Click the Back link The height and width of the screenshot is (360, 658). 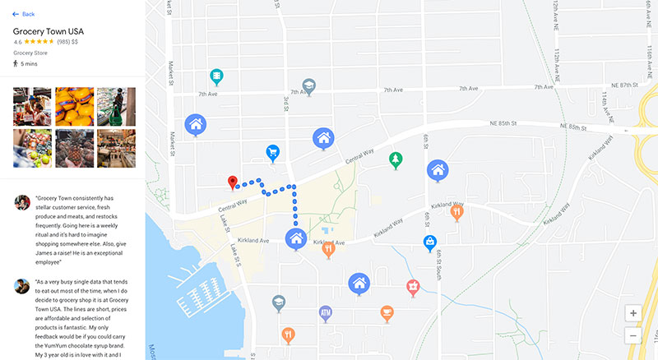point(23,14)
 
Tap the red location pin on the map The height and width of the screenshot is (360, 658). point(232,182)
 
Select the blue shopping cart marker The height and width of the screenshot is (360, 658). point(272,151)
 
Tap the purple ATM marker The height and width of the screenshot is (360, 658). point(325,312)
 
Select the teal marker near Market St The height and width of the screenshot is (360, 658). point(217,76)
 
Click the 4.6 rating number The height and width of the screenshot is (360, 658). point(18,41)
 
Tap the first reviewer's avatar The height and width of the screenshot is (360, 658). point(22,203)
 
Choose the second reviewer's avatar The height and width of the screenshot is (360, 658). point(22,286)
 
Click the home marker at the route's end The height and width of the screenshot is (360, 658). point(295,238)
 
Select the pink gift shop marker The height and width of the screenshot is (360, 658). point(414,286)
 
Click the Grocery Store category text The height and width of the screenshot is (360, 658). point(31,53)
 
